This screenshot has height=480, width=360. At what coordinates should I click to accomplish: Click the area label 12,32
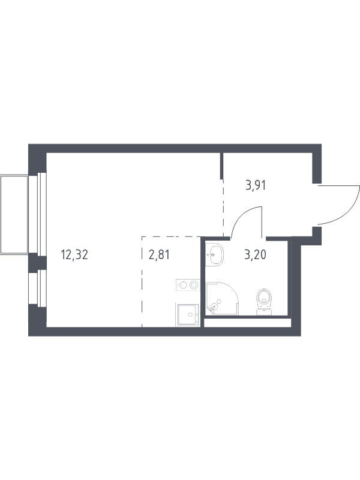pyautogui.click(x=74, y=254)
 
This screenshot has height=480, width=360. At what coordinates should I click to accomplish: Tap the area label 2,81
pyautogui.click(x=159, y=254)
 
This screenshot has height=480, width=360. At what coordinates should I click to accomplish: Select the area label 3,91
pyautogui.click(x=256, y=185)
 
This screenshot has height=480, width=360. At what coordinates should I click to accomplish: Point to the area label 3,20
pyautogui.click(x=256, y=254)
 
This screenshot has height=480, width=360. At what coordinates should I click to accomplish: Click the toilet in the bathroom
pyautogui.click(x=264, y=302)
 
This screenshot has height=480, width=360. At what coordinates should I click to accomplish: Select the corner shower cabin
pyautogui.click(x=221, y=299)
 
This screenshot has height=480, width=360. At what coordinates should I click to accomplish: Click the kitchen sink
pyautogui.click(x=187, y=314)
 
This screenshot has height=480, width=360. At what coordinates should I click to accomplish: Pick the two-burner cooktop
pyautogui.click(x=188, y=285)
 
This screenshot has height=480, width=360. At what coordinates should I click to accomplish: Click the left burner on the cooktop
pyautogui.click(x=183, y=285)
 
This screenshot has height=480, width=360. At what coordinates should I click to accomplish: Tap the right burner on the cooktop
pyautogui.click(x=193, y=285)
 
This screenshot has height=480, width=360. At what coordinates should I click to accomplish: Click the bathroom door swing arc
pyautogui.click(x=242, y=214)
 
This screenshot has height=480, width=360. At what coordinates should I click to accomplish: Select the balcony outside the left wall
pyautogui.click(x=14, y=214)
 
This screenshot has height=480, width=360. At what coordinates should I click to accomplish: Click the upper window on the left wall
pyautogui.click(x=42, y=214)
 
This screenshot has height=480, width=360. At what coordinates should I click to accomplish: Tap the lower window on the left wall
pyautogui.click(x=42, y=288)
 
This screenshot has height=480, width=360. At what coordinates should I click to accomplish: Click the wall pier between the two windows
pyautogui.click(x=37, y=263)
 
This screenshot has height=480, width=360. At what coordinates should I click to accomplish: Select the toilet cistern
pyautogui.click(x=264, y=312)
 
